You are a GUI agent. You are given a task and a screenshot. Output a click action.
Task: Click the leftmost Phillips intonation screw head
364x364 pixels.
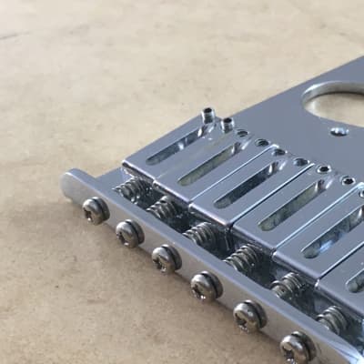(x=96, y=211)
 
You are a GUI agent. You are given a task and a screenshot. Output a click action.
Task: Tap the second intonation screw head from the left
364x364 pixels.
(x=129, y=234)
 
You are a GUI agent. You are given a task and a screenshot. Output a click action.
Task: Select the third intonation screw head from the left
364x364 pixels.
(x=167, y=258)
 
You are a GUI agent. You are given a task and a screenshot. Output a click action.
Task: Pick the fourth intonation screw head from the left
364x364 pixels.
(x=207, y=287)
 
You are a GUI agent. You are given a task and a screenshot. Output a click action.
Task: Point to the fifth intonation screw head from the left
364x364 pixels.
(x=249, y=316)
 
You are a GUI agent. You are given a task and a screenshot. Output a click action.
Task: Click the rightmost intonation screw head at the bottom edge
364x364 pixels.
(x=297, y=347)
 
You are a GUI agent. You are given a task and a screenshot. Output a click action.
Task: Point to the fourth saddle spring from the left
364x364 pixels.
(x=243, y=258)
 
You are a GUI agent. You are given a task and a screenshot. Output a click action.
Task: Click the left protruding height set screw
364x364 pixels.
(x=208, y=116)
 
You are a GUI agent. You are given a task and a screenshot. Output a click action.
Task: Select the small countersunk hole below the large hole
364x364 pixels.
(x=339, y=131)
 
